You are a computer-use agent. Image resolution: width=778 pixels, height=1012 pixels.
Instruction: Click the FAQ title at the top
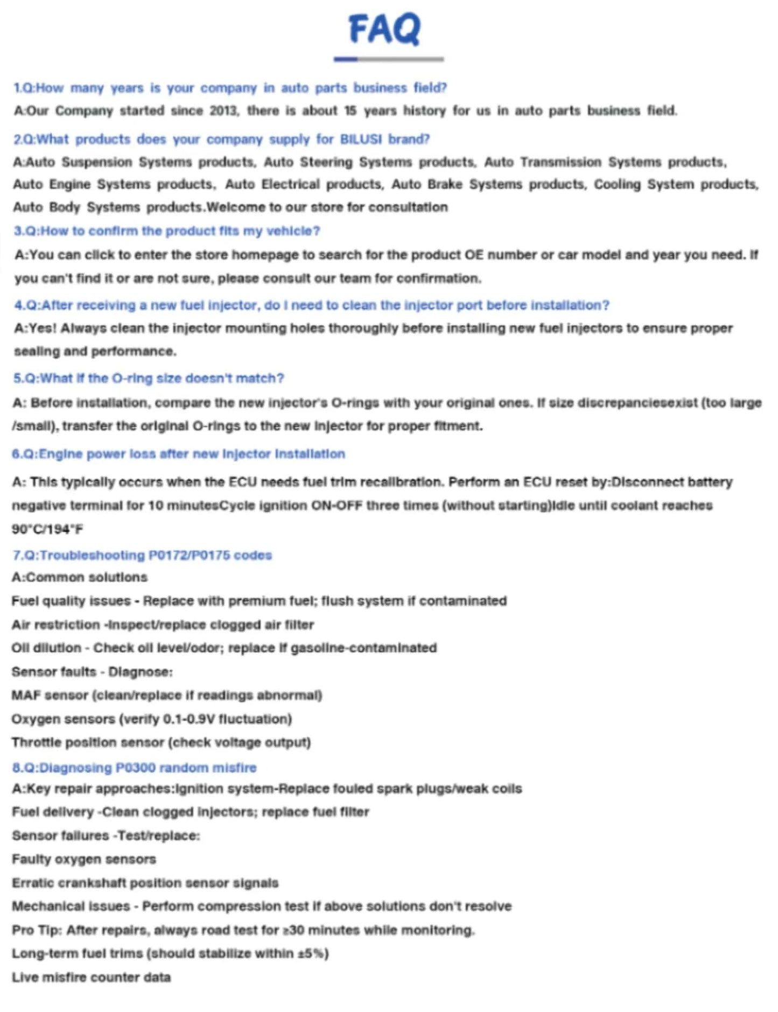pos(384,29)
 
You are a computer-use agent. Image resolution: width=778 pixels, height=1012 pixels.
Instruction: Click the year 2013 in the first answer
pos(223,111)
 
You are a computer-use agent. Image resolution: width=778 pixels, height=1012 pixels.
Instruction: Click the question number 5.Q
pos(25,379)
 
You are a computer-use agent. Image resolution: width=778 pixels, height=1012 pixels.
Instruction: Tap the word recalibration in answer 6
pos(398,482)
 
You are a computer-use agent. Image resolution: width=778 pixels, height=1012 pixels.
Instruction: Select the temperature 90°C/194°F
pos(47,529)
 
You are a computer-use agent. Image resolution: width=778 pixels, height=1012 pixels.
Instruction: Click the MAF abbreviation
pos(26,695)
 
